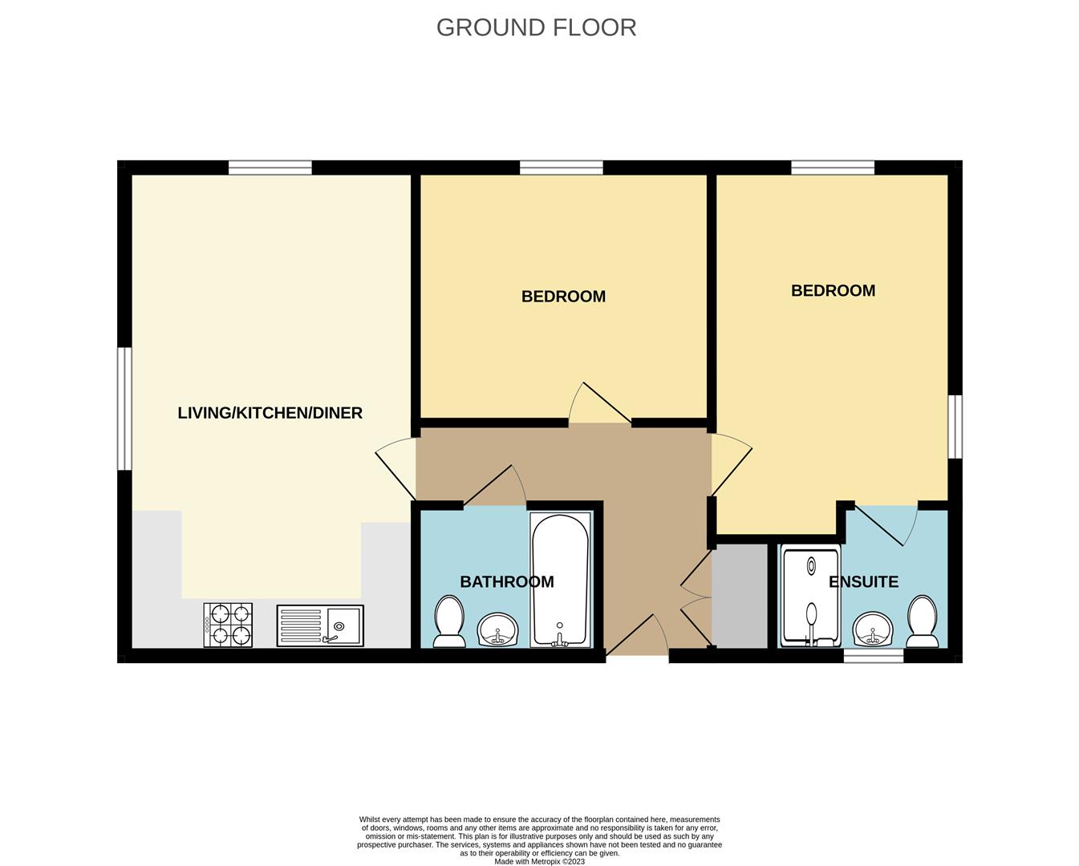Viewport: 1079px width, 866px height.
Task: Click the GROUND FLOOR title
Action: pyautogui.click(x=536, y=27)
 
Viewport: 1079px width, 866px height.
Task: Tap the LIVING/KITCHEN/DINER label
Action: pyautogui.click(x=270, y=413)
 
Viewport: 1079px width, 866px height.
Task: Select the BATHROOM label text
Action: pyautogui.click(x=507, y=581)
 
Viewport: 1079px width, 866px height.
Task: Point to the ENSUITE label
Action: pyautogui.click(x=863, y=581)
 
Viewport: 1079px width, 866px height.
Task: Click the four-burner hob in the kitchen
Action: pyautogui.click(x=228, y=625)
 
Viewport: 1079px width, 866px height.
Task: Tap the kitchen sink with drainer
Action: pyautogui.click(x=320, y=625)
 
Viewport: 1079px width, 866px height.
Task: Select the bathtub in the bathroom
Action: pyautogui.click(x=561, y=579)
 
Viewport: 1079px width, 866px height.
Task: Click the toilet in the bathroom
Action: pyautogui.click(x=448, y=621)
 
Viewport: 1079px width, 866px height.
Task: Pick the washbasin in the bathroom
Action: pyautogui.click(x=497, y=629)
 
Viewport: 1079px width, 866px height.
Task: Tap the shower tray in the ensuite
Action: pyautogui.click(x=810, y=597)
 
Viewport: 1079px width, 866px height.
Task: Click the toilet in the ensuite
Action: pyautogui.click(x=922, y=621)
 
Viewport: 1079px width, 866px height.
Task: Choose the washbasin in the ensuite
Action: pyautogui.click(x=873, y=629)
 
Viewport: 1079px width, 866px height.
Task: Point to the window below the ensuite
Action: pyautogui.click(x=874, y=656)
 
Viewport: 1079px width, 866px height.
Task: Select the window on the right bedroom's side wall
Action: pyautogui.click(x=955, y=427)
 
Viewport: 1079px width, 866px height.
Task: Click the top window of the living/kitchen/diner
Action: pyautogui.click(x=270, y=168)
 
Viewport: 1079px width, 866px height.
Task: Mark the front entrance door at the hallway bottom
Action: pyautogui.click(x=637, y=634)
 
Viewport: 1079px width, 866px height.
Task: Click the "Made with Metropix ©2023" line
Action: pyautogui.click(x=539, y=861)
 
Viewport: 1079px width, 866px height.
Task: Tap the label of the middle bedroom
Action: pyautogui.click(x=563, y=296)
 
